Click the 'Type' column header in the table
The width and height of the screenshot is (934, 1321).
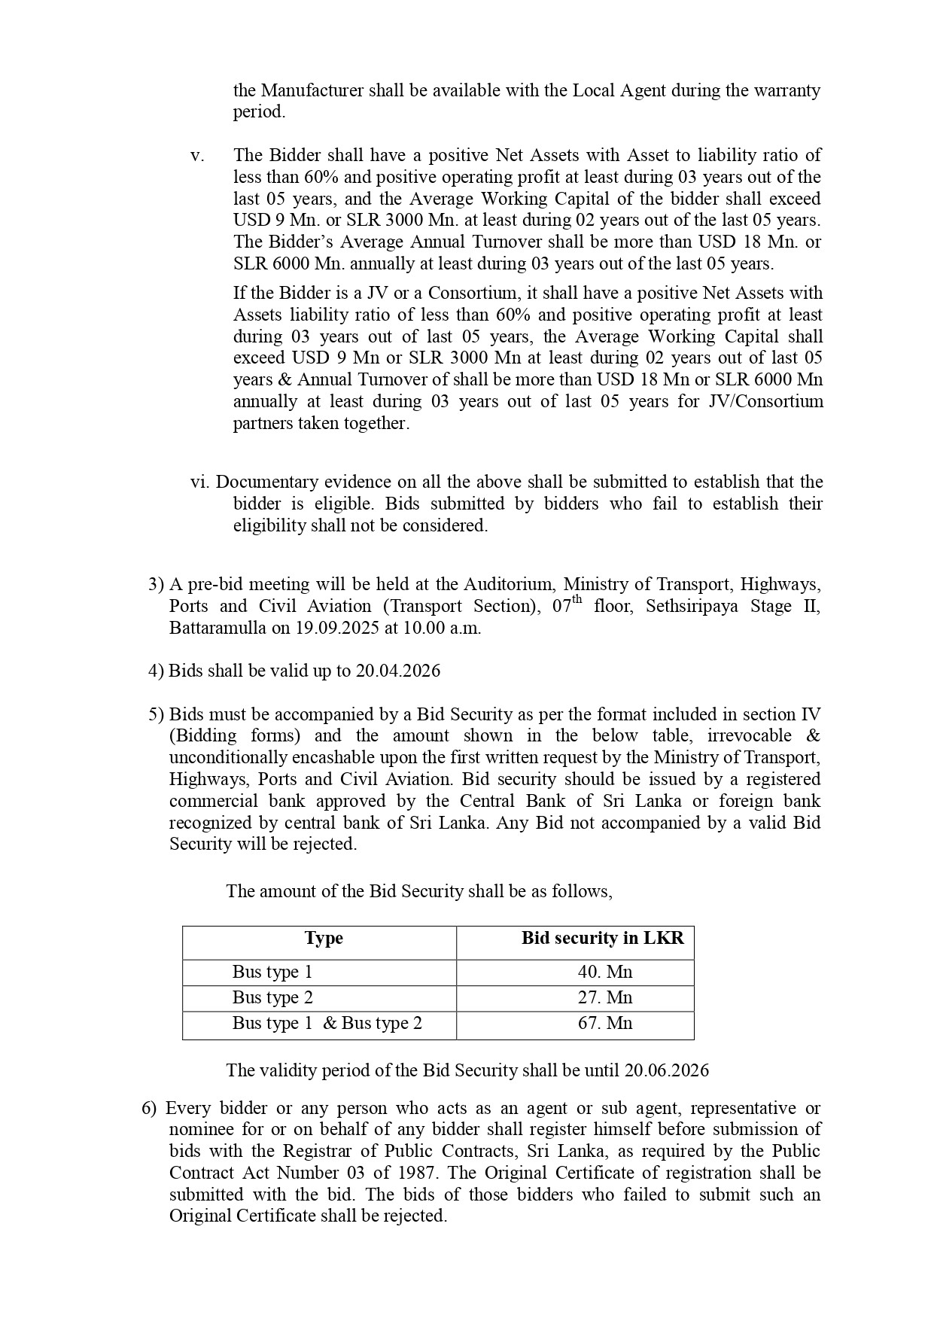click(324, 939)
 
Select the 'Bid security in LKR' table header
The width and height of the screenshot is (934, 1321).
click(603, 939)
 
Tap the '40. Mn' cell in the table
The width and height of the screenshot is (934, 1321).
click(605, 972)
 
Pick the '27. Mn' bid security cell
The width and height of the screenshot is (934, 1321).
click(605, 997)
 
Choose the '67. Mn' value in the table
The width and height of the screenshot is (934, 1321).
click(605, 1023)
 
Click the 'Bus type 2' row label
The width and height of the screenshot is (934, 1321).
click(272, 997)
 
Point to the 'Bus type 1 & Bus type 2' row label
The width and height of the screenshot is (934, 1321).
click(327, 1023)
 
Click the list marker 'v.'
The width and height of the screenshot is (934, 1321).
click(197, 156)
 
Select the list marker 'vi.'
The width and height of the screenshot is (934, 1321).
click(201, 482)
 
